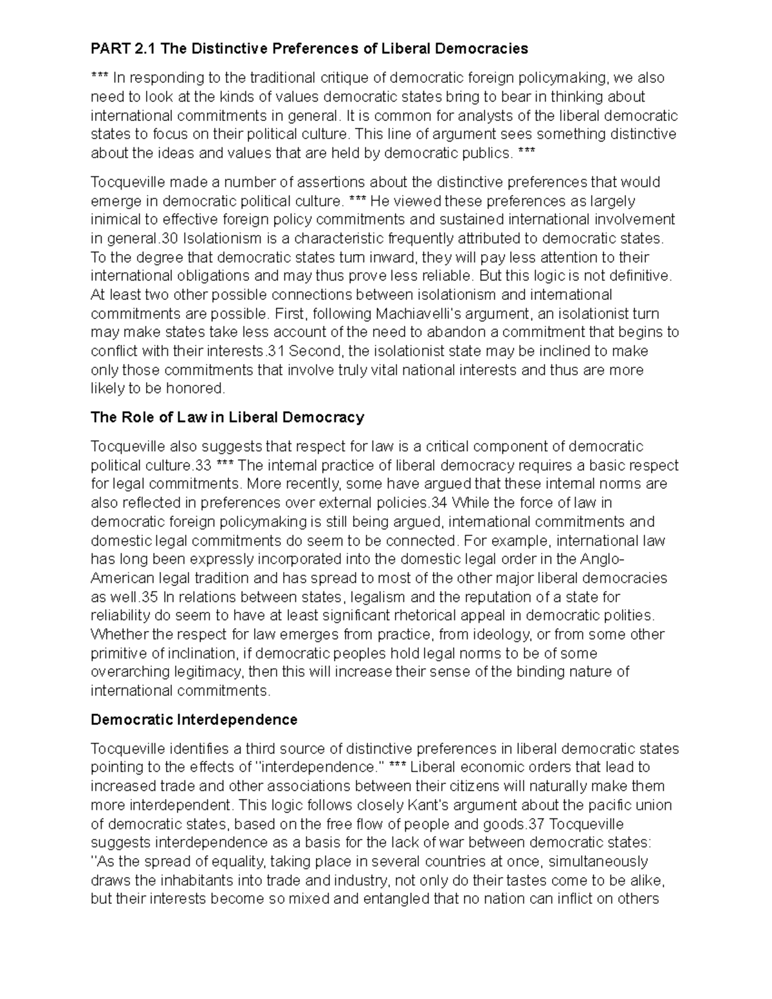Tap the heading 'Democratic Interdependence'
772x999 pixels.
[194, 719]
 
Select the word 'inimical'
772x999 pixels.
[112, 219]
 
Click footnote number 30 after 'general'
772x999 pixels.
[169, 238]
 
